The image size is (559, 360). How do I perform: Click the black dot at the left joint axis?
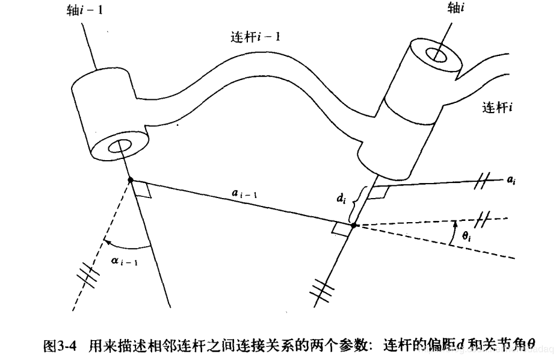pyautogui.click(x=130, y=179)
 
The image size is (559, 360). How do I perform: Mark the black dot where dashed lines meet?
pyautogui.click(x=353, y=226)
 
